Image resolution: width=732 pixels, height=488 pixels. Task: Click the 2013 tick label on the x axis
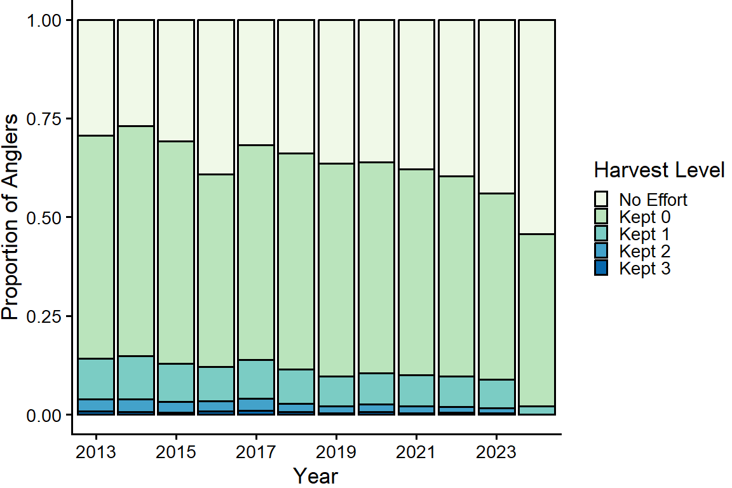96,452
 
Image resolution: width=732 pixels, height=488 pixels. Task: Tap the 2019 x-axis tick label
336,452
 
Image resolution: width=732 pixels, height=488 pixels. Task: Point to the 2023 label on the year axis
496,452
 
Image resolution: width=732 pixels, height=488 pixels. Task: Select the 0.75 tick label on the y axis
45,119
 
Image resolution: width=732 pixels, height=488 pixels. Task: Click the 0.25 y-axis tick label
45,316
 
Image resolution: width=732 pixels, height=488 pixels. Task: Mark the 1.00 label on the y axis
45,21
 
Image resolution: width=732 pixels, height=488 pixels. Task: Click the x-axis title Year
316,475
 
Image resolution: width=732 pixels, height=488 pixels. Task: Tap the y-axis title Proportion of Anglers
11,217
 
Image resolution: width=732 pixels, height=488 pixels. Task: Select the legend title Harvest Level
659,170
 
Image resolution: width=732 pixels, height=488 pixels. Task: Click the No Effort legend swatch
600,199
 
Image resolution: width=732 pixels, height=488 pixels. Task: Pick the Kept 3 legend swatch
600,268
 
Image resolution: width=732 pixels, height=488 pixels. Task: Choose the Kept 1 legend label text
645,234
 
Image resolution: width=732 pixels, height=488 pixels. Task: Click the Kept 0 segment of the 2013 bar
96,247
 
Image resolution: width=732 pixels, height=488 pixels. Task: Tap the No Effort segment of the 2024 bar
537,127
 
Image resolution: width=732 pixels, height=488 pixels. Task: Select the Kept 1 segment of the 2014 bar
136,377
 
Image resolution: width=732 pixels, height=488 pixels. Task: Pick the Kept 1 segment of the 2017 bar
256,379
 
